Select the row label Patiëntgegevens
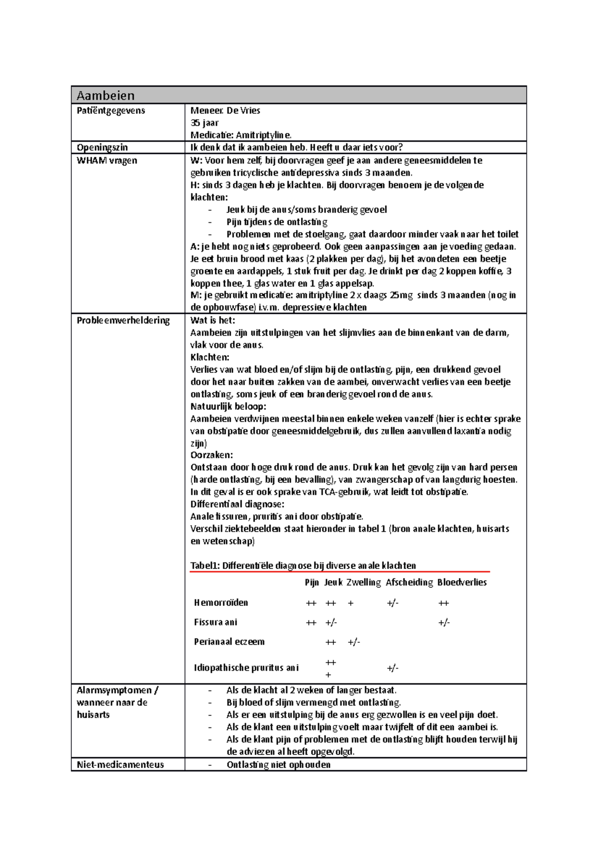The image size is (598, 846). click(111, 111)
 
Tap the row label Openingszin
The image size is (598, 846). click(102, 147)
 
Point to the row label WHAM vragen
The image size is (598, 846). click(107, 160)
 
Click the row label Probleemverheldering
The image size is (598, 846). click(123, 320)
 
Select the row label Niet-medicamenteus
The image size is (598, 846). click(120, 764)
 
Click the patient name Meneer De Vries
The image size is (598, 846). click(225, 111)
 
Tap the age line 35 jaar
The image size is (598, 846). click(204, 123)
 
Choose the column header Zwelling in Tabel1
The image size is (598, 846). click(363, 582)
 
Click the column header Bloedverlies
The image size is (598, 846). click(461, 582)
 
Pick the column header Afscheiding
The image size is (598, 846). click(409, 582)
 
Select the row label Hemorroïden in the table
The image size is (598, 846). click(221, 603)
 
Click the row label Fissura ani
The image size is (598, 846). click(215, 622)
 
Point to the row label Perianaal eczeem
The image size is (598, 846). click(229, 642)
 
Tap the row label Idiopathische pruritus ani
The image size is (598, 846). click(246, 668)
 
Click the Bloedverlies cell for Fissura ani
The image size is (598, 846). click(444, 623)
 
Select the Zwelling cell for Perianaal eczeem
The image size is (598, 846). click(353, 642)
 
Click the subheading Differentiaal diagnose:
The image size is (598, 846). click(237, 504)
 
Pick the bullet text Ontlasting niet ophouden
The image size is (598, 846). click(278, 764)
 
